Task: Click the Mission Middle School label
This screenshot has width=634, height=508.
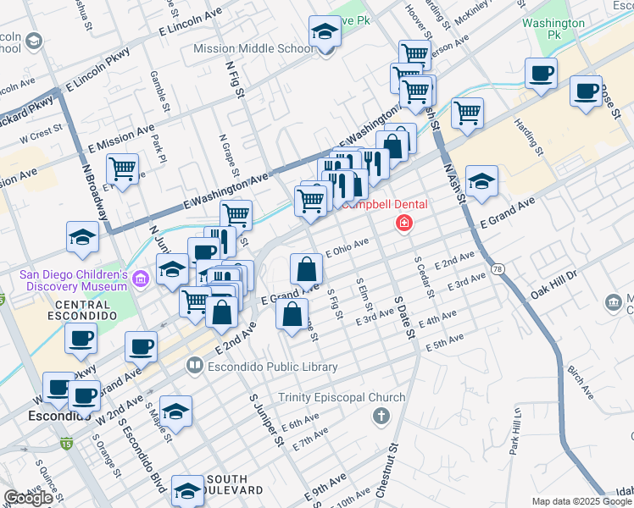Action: point(253,48)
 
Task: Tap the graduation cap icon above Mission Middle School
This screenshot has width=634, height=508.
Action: point(324,32)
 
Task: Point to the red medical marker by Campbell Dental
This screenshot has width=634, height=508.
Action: point(404,223)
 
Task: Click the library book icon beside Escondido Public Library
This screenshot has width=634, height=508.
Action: point(194,367)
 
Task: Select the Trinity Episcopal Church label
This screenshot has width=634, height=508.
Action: point(342,398)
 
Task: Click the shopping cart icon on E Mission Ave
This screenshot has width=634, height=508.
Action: point(123,170)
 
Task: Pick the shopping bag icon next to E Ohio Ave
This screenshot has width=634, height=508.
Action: point(306,269)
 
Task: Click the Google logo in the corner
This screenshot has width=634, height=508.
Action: point(27,498)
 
